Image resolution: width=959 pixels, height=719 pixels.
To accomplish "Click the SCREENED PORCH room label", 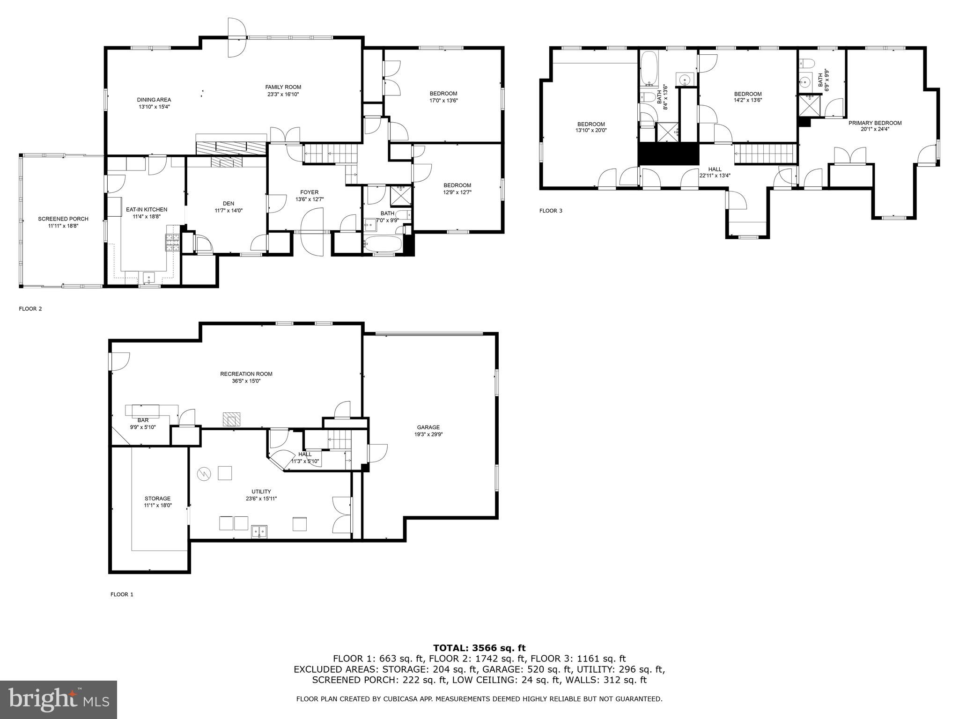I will click(x=63, y=219).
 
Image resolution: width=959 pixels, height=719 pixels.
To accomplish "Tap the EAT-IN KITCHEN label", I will click(x=146, y=210).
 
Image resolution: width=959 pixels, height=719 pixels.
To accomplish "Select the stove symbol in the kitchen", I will click(x=172, y=243).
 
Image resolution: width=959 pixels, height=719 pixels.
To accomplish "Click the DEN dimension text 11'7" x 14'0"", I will click(x=228, y=211).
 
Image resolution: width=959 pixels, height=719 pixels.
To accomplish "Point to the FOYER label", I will click(x=309, y=192).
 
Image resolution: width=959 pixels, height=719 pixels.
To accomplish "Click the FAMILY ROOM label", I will click(x=283, y=87).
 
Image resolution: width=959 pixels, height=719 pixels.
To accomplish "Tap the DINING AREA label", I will click(x=154, y=100).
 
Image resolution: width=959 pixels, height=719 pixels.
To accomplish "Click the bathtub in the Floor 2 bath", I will click(x=383, y=244).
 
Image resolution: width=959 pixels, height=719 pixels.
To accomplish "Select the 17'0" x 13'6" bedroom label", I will click(x=443, y=94).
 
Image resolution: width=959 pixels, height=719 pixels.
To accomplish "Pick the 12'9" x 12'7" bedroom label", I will click(x=457, y=185).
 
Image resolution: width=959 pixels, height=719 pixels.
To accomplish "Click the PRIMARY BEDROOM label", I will click(x=875, y=123).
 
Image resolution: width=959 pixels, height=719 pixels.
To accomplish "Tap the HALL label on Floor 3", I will click(x=715, y=169).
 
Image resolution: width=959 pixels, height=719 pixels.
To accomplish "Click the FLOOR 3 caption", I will click(x=551, y=211).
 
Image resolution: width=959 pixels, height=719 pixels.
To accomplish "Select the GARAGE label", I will click(x=428, y=427).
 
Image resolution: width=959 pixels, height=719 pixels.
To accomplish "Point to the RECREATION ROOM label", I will click(x=246, y=374).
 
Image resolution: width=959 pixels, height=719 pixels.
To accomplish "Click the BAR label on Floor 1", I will click(x=143, y=420).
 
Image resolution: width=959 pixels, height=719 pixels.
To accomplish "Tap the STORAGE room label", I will click(x=157, y=499).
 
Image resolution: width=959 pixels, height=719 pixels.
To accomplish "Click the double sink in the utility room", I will click(x=259, y=531).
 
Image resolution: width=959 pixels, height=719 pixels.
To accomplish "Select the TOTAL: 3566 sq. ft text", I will click(x=479, y=648).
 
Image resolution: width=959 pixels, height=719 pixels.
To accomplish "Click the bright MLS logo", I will click(x=59, y=699).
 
